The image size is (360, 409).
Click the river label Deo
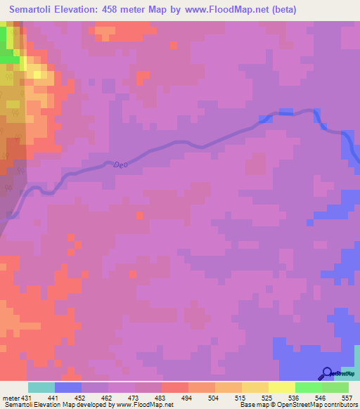tap(122, 164)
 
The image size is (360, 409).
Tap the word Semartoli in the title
tap(33, 9)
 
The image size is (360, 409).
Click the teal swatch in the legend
tap(41, 387)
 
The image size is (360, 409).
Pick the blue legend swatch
tap(68, 387)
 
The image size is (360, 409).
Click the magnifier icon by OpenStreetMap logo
tap(327, 373)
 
